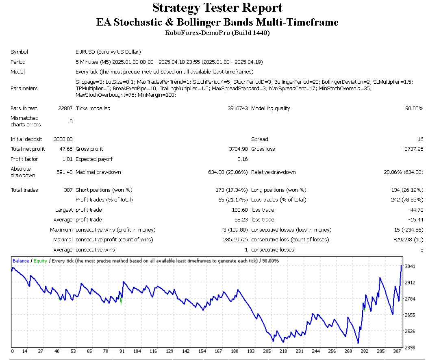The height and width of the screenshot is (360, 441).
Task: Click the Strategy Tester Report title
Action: point(217,8)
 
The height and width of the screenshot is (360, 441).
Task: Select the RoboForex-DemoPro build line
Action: point(217,33)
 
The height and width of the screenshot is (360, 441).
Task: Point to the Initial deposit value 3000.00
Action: point(63,139)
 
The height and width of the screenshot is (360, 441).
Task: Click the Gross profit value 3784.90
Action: point(238,149)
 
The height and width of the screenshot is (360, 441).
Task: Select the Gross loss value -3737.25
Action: point(413,149)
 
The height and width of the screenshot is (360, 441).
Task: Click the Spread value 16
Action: point(420,139)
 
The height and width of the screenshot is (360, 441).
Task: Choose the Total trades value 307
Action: point(68,190)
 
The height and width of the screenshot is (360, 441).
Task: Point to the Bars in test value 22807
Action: point(65,108)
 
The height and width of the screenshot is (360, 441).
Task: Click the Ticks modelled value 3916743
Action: point(237,108)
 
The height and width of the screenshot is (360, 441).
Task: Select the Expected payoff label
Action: point(94,159)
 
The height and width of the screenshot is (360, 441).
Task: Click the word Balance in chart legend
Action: point(21,261)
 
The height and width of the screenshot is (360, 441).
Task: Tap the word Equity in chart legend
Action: point(40,261)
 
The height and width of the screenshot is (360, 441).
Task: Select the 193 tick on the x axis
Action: point(251,351)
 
